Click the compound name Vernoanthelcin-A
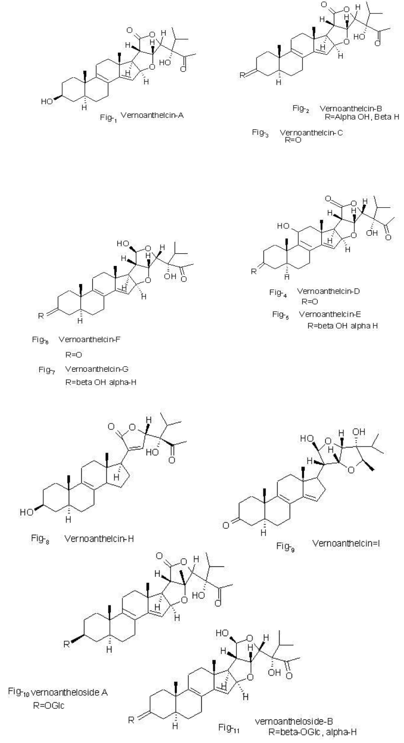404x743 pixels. pos(152,115)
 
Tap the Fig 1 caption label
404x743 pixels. pos(108,118)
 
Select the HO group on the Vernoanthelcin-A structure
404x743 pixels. pos(47,101)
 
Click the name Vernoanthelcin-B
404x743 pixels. pos(351,108)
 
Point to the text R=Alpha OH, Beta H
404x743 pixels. pos(362,117)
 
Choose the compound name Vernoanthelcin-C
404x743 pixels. pos(311,132)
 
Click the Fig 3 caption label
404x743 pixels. pos(260,133)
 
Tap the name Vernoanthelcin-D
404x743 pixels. pos(328,291)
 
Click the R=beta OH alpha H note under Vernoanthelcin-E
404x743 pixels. pos(343,326)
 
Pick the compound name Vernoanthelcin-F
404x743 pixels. pos(89,339)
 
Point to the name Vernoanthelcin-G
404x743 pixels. pos(96,369)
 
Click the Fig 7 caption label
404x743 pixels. pos(47,370)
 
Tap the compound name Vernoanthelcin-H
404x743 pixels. pos(99,538)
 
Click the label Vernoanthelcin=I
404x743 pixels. pos(346,543)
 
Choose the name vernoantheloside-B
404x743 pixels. pos(294,721)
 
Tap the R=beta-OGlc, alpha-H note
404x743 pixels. pos(313,732)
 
